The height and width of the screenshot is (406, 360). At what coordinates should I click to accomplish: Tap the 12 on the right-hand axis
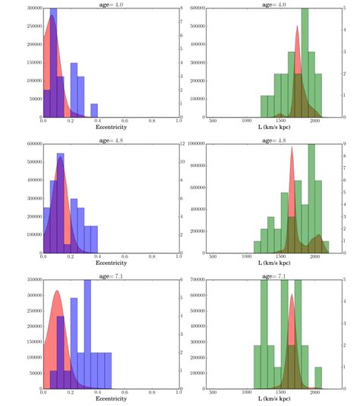[x=185, y=143]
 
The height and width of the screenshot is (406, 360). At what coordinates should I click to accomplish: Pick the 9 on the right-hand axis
[x=345, y=143]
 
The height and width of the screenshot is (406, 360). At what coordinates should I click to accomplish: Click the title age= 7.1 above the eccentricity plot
[x=111, y=275]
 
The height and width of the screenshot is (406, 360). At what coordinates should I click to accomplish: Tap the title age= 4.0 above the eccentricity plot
[x=111, y=3]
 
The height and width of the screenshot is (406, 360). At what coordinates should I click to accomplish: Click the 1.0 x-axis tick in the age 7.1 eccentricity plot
[x=179, y=394]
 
